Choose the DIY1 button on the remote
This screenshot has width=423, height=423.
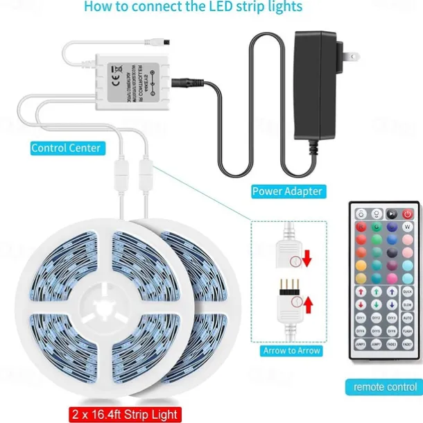point(360,318)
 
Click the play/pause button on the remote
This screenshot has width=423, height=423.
point(393,213)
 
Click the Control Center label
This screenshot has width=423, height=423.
point(66,148)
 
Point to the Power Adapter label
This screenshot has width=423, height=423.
point(287,191)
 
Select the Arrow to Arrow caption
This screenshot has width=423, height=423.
point(291,351)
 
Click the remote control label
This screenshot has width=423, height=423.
point(385,386)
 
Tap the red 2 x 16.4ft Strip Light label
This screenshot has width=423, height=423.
point(124,415)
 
